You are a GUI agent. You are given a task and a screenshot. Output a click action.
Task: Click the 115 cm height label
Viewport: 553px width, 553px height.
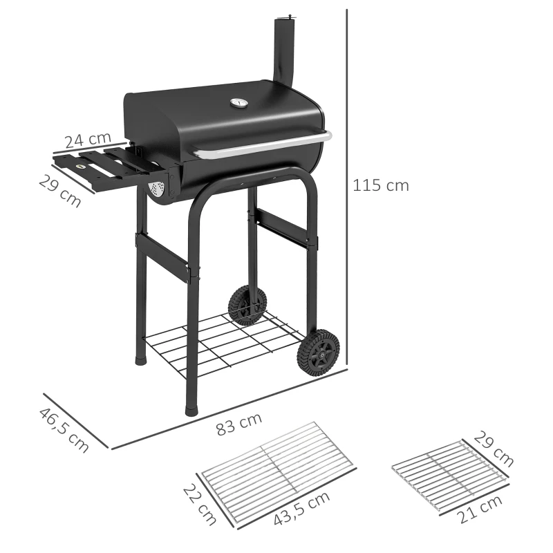[380, 185]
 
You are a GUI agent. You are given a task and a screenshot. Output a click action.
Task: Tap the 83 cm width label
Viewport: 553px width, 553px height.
[239, 424]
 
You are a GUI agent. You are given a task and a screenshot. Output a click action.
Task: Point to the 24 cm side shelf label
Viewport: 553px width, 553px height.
[87, 140]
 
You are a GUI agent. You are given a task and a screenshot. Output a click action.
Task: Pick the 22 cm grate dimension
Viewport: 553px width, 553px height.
[200, 504]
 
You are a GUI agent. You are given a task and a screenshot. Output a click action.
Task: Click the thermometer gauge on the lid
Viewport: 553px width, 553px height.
[238, 103]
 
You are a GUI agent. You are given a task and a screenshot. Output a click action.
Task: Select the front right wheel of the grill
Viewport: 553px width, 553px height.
[318, 352]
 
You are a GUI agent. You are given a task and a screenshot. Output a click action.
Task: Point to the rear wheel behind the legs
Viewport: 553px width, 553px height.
[247, 304]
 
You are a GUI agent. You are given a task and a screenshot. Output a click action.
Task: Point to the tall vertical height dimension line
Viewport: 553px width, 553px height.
[345, 187]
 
